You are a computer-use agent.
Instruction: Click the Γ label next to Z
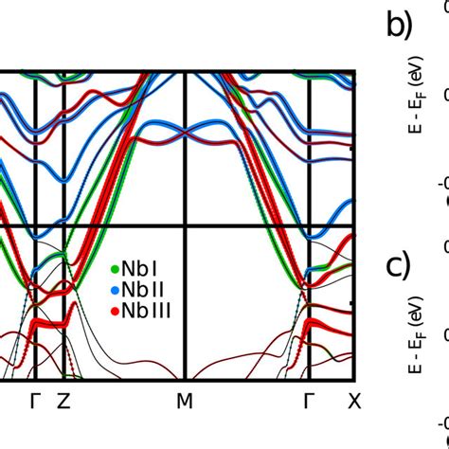(36, 402)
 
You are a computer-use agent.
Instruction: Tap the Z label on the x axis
(63, 402)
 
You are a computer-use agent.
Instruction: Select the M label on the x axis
(185, 402)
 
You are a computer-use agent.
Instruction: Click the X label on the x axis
(353, 402)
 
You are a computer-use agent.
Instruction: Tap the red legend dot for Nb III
(115, 308)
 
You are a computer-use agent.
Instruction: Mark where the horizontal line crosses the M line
(185, 225)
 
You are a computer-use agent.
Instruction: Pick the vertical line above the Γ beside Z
(36, 152)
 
